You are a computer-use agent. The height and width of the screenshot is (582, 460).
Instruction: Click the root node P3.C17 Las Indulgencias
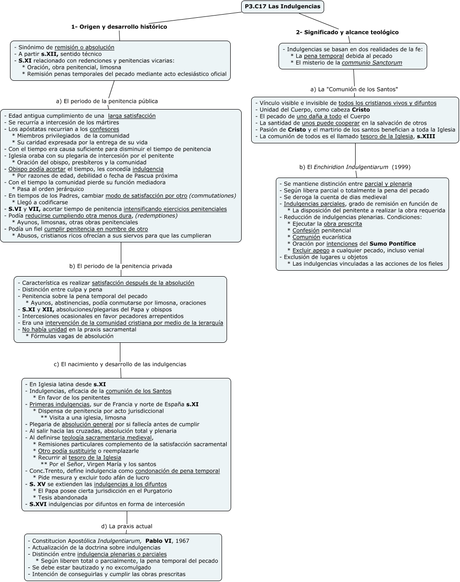click(282, 6)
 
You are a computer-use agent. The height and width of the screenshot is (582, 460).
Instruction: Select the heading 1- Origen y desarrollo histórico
click(119, 27)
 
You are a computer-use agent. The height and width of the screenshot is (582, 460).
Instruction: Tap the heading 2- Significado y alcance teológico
click(347, 32)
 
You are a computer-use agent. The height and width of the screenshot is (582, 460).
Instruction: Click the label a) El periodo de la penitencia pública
click(107, 101)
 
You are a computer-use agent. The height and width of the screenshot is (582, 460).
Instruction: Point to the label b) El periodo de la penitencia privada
click(121, 266)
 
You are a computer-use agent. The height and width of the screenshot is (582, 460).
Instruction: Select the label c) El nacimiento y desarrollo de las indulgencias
click(120, 364)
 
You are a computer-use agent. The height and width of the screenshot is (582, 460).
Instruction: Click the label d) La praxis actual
click(127, 526)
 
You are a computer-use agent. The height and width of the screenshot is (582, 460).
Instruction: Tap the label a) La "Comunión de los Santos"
click(354, 89)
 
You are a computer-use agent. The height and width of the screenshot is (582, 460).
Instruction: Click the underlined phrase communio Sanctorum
click(372, 63)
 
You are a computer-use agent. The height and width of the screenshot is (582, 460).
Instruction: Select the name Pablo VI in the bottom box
click(158, 541)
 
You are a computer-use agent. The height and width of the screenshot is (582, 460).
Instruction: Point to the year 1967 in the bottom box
click(182, 541)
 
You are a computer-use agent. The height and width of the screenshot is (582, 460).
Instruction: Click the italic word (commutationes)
click(212, 196)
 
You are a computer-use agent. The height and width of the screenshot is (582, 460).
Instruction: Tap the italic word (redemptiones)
click(156, 216)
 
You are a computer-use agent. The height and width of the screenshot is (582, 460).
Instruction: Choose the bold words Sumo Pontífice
click(393, 244)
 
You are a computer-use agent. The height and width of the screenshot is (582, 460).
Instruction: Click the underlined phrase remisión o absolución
click(84, 47)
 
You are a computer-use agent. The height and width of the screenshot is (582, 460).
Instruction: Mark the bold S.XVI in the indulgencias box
click(38, 504)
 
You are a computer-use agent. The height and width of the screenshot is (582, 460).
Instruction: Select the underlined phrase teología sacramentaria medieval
click(107, 438)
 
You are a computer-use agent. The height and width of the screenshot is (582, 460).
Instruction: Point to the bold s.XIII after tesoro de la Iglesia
click(426, 136)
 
